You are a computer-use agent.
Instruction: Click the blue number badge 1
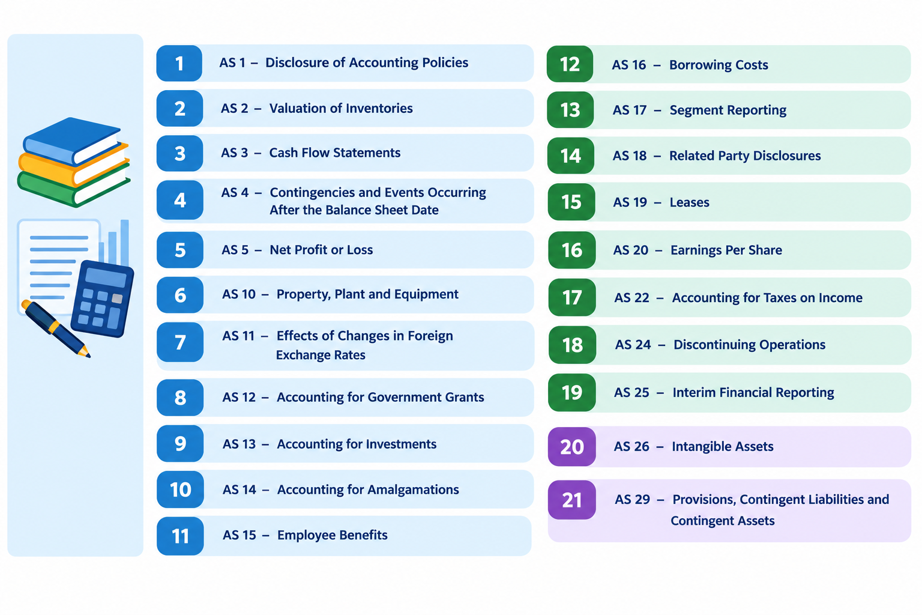pos(179,63)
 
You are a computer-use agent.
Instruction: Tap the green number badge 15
pos(571,202)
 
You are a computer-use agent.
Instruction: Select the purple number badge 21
pos(571,500)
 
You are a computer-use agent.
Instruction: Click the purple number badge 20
pos(571,446)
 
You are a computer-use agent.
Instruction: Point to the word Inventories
pos(379,108)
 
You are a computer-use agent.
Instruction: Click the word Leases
pos(690,202)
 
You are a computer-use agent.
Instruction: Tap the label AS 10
pos(239,294)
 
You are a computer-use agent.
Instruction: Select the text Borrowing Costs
pos(719,65)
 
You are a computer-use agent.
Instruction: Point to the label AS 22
pos(632,297)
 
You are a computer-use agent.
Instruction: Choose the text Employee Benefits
pos(332,535)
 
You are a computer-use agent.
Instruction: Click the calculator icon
pos(103,298)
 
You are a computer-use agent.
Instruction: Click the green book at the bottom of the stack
pos(73,189)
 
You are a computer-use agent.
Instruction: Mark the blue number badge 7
pos(180,342)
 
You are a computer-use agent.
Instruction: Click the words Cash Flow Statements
pos(334,153)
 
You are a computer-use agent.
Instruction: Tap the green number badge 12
pos(570,64)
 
